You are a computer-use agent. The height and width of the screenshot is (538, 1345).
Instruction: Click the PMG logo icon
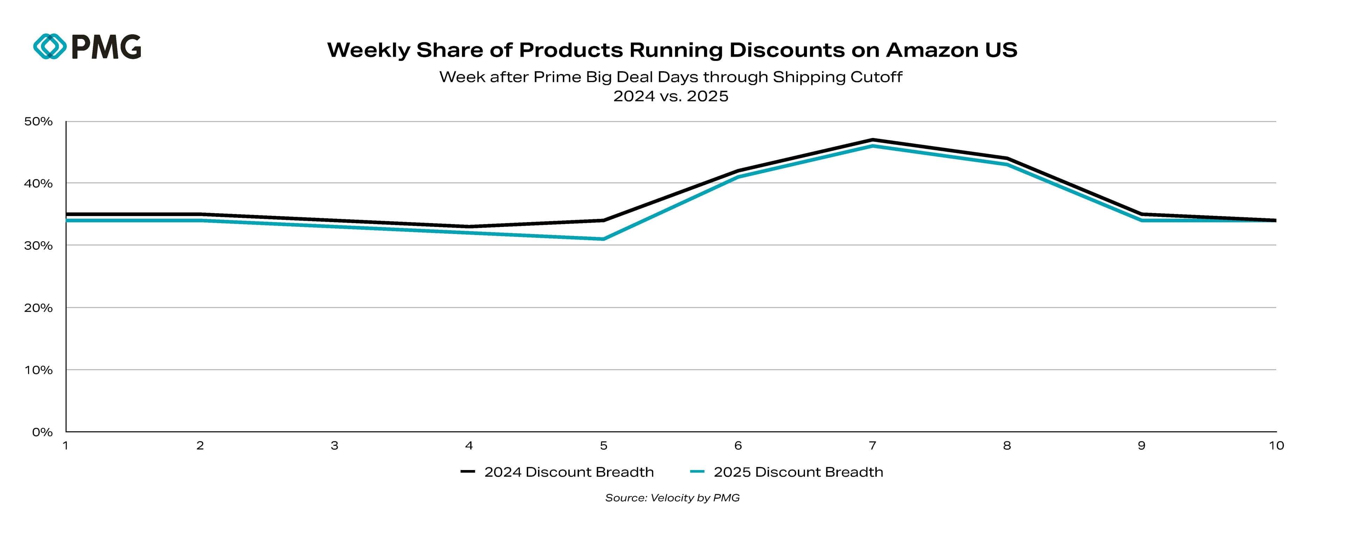tap(50, 47)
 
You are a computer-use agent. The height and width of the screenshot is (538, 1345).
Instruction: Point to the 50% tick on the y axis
tap(39, 122)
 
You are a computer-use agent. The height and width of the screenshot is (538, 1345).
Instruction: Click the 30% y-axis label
tap(39, 246)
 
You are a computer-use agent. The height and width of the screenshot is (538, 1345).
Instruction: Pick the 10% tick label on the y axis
tap(39, 370)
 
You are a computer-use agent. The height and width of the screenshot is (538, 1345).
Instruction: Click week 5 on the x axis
tap(603, 446)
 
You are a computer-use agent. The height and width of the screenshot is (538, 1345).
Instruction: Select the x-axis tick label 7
tap(872, 446)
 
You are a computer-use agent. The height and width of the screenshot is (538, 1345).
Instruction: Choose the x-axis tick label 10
tap(1276, 446)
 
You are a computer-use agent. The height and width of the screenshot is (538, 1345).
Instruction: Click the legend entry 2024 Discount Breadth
tap(568, 472)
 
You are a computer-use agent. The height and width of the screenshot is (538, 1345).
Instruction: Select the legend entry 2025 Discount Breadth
tap(798, 472)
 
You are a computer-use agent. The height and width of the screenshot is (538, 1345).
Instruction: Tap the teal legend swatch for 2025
tap(697, 472)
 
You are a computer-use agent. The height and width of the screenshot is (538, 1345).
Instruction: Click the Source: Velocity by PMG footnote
tap(672, 498)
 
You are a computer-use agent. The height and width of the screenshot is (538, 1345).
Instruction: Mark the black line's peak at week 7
tap(872, 140)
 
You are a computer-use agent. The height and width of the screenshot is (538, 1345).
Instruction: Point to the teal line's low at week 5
tap(603, 239)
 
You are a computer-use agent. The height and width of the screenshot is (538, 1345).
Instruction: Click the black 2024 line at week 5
tap(603, 220)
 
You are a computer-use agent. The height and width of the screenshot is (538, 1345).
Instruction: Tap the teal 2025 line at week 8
tap(1007, 165)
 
